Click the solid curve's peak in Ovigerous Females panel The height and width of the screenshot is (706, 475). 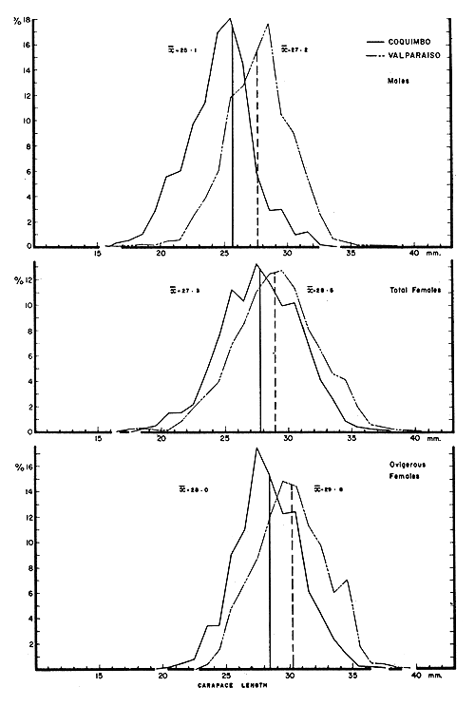pyautogui.click(x=256, y=448)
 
